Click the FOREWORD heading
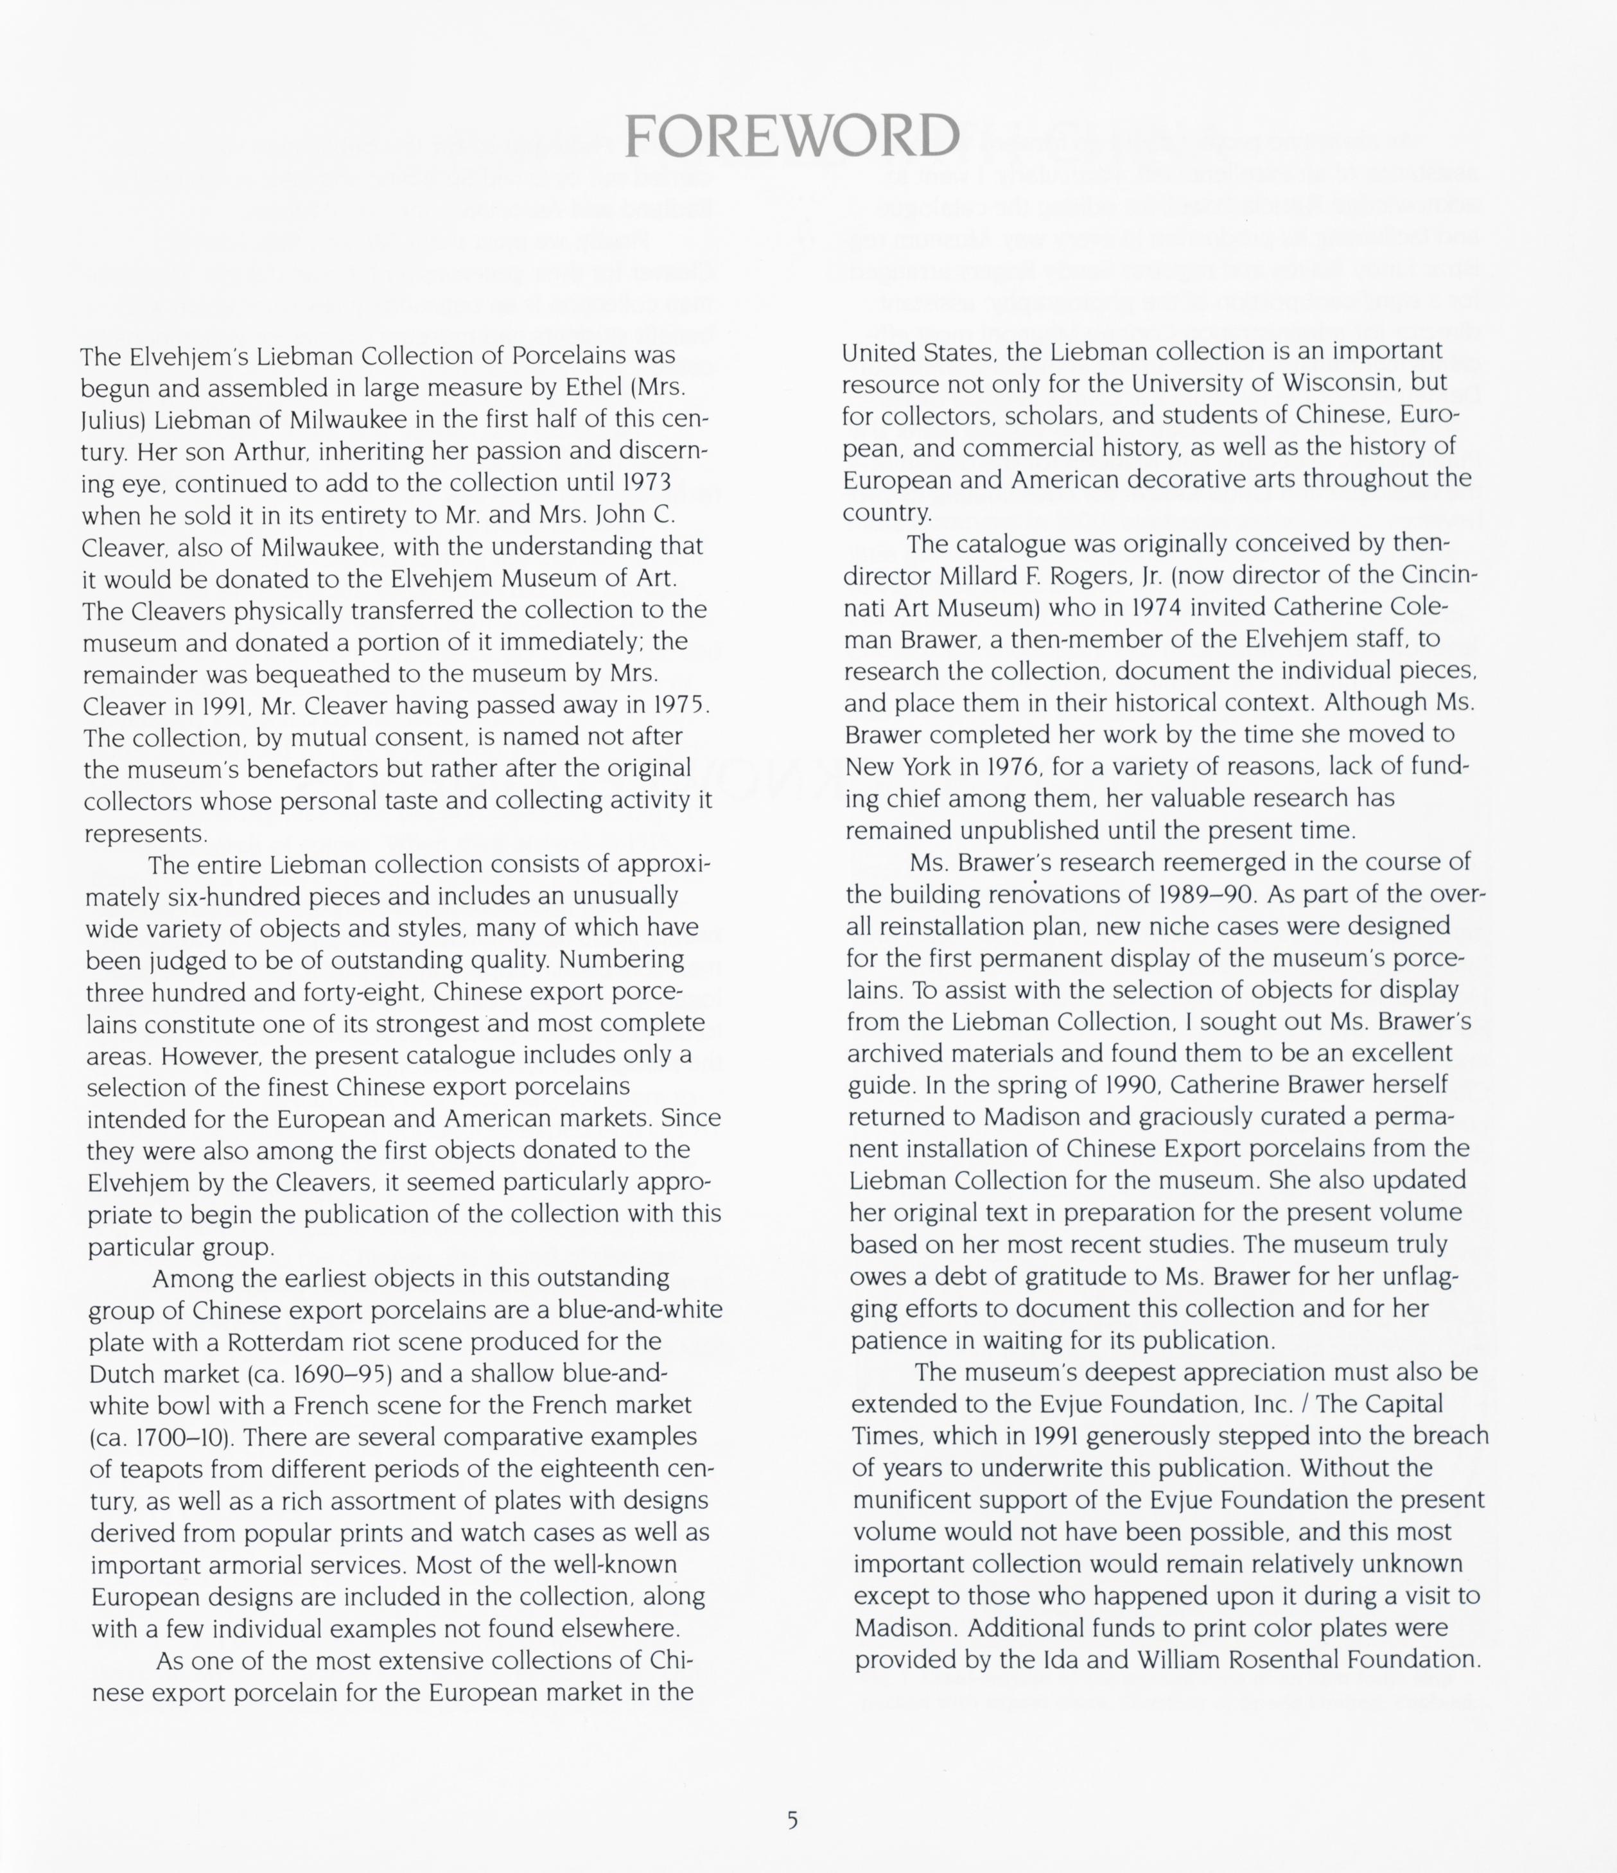click(792, 137)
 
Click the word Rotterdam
click(281, 1341)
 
